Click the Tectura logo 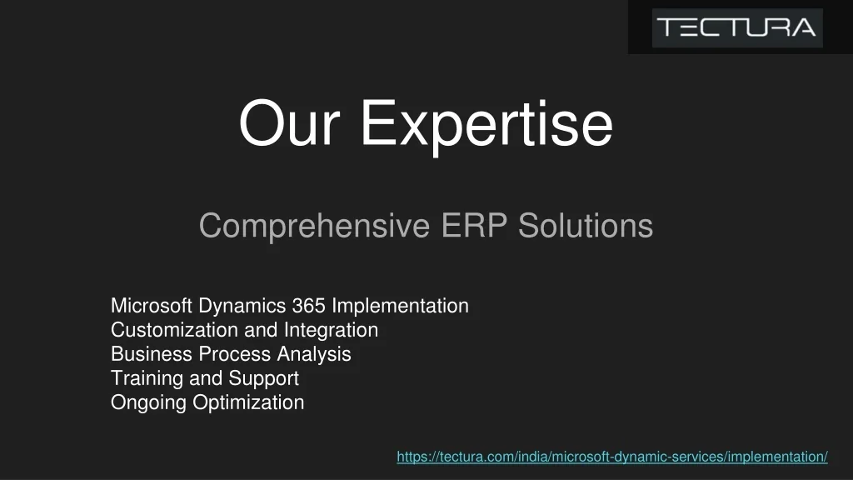point(737,27)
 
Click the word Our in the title point(289,123)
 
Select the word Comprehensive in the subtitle point(314,227)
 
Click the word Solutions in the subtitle point(586,225)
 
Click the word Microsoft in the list point(152,306)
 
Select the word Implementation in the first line point(400,307)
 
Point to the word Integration point(331,331)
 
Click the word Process point(234,354)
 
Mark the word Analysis point(314,355)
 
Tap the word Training point(147,379)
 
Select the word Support point(263,379)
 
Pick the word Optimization point(248,403)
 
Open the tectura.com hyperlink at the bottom point(612,457)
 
